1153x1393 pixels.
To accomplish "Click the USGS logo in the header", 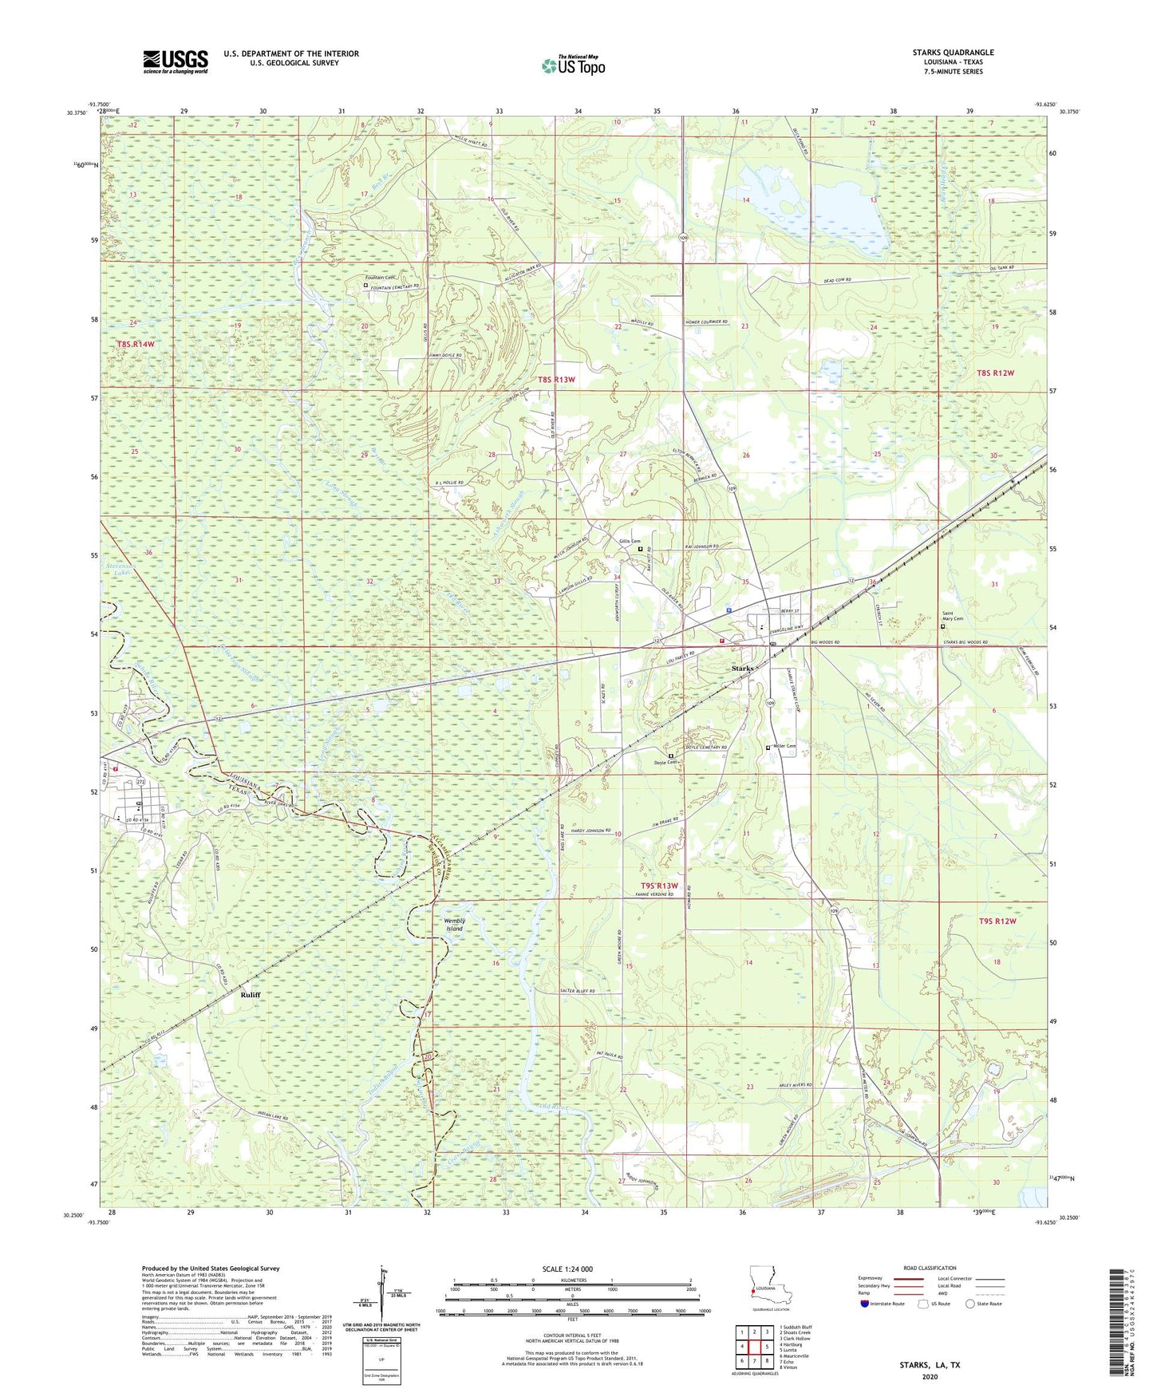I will click(x=176, y=61).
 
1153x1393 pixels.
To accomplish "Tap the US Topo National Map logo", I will click(x=572, y=65).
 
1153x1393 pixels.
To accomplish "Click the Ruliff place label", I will click(x=251, y=996).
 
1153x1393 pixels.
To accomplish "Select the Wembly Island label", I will click(x=454, y=925).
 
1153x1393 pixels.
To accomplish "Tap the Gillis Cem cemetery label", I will click(x=630, y=542).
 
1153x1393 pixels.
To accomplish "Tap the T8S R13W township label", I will click(x=555, y=380).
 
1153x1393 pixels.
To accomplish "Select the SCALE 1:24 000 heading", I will click(x=565, y=1269).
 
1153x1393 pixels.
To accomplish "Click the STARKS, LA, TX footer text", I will click(x=930, y=1365).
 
